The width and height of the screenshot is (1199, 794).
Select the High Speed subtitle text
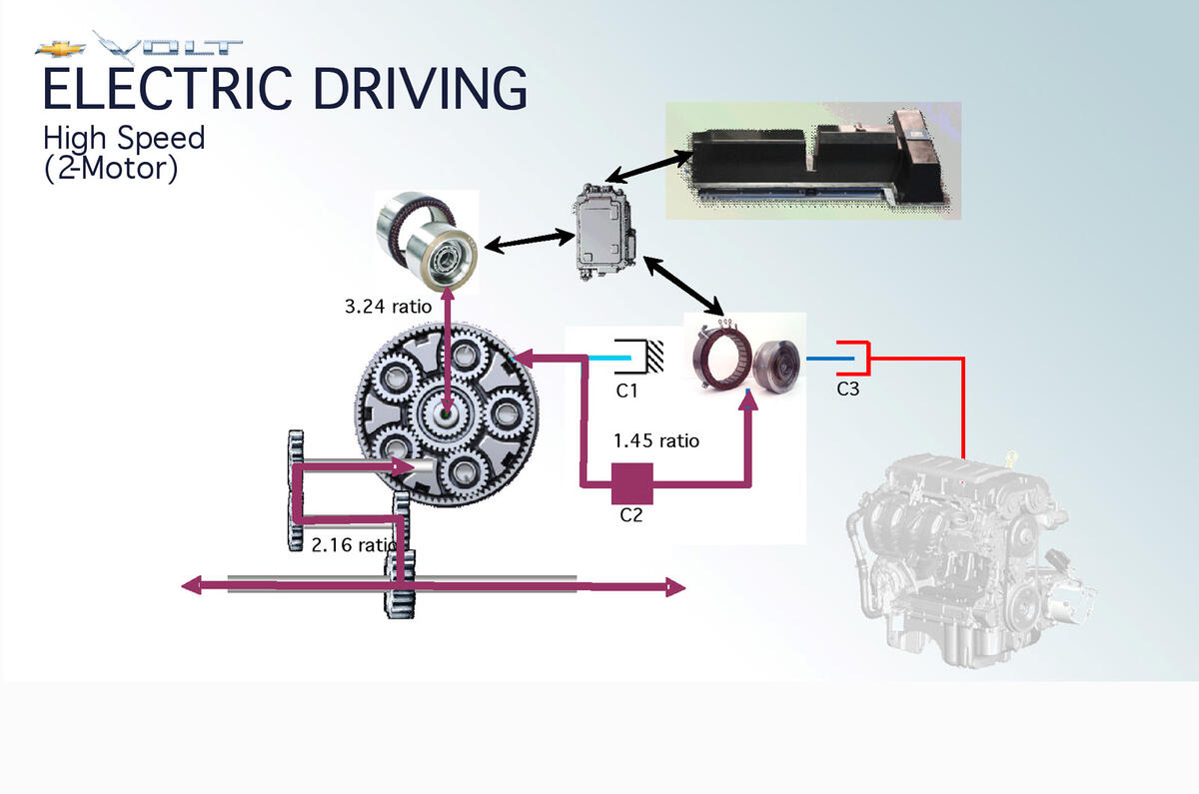[x=124, y=137]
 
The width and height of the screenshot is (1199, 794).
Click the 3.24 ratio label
[x=387, y=308]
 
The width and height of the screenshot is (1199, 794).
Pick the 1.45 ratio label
[x=656, y=440]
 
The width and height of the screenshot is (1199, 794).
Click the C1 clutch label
[x=626, y=391]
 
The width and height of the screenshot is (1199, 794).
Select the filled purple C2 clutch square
[x=631, y=483]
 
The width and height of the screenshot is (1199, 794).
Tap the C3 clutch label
[x=847, y=390]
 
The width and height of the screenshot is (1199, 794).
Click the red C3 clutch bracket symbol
[x=856, y=358]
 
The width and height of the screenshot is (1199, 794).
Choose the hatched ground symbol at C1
[x=655, y=356]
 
